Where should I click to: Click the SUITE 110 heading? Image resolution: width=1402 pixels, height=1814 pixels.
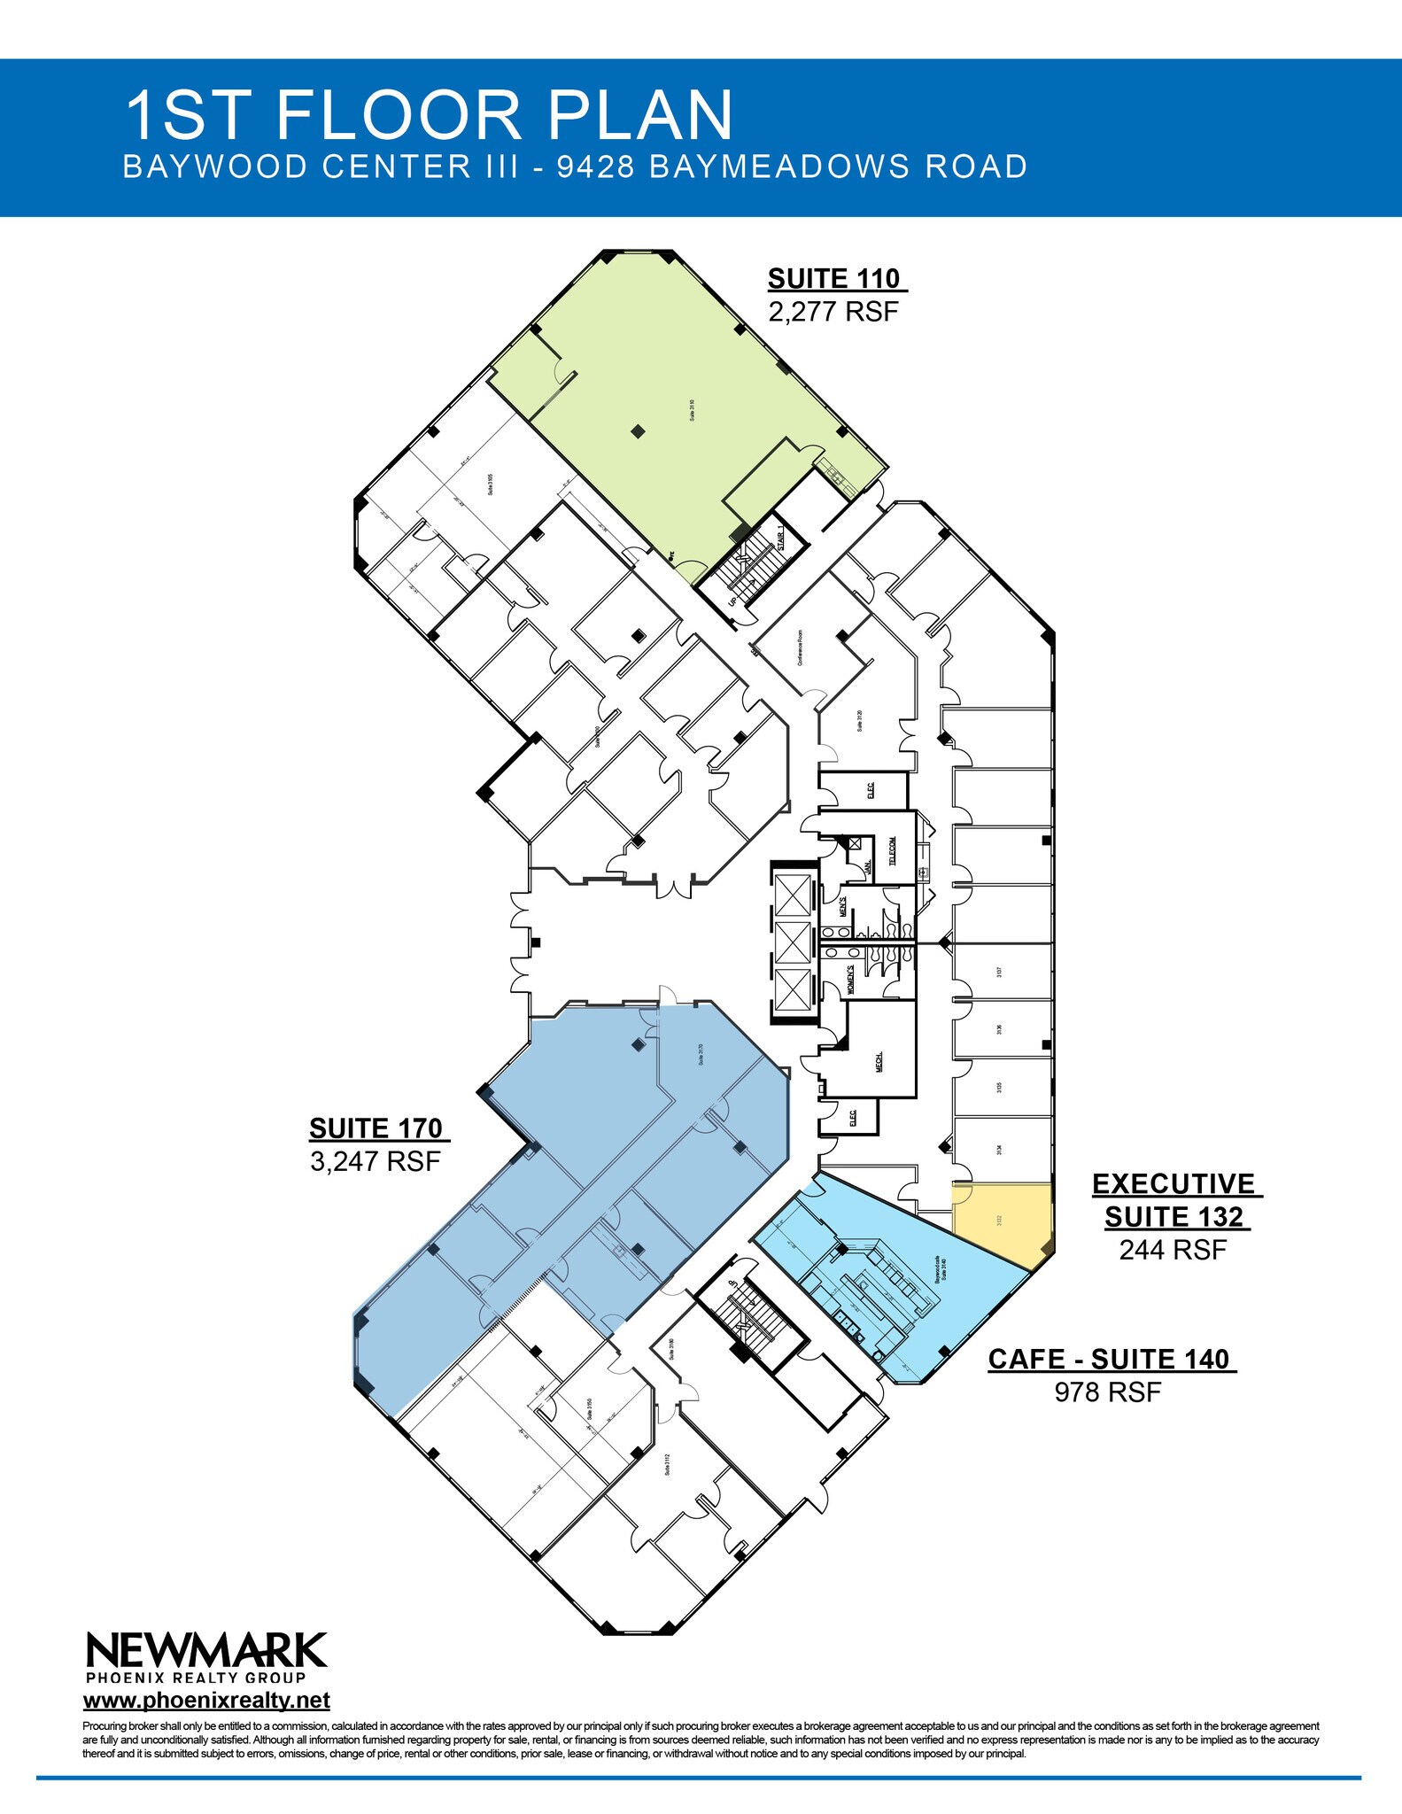tap(835, 279)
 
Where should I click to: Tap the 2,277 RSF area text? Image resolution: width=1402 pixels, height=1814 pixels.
tap(833, 312)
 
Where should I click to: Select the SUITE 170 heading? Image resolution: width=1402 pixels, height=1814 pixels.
tap(376, 1128)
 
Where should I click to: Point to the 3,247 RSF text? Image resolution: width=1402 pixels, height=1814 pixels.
tap(376, 1161)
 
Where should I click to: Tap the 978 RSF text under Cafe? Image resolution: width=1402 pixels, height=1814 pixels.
tap(1107, 1392)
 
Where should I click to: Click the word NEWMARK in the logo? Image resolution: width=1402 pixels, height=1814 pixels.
tap(206, 1651)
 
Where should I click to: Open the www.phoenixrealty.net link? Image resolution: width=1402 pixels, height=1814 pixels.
tap(206, 1701)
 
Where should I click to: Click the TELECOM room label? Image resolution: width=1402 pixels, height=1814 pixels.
tap(893, 851)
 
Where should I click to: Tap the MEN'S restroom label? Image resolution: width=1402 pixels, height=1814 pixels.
tap(843, 907)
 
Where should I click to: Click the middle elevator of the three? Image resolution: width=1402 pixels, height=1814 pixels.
tap(792, 942)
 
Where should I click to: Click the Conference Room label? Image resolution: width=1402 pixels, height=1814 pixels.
tap(800, 647)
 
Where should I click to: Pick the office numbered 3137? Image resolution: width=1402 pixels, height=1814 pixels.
tap(999, 972)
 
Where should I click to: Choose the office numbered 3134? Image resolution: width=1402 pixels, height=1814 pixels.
tap(999, 1150)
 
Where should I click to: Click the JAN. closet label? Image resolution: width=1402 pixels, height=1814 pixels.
tap(868, 865)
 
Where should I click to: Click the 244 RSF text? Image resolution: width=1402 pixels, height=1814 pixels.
tap(1173, 1250)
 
